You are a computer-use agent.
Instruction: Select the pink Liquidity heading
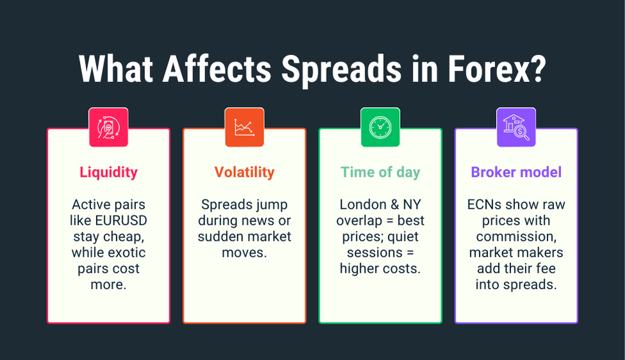[108, 172]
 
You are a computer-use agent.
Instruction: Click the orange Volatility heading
[244, 172]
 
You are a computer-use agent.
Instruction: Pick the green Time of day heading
[380, 172]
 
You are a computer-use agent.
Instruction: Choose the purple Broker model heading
[516, 172]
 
